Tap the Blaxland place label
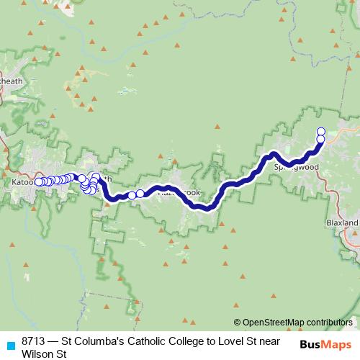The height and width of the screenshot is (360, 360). pos(341,223)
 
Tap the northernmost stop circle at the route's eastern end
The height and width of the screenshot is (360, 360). pos(321,131)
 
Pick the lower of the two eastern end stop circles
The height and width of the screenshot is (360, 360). pos(321,139)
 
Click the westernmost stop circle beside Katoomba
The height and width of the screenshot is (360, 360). pos(39,182)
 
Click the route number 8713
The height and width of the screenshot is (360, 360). pos(33,341)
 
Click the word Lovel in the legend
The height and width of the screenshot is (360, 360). pos(246,341)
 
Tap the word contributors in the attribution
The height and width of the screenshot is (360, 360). pos(330,322)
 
